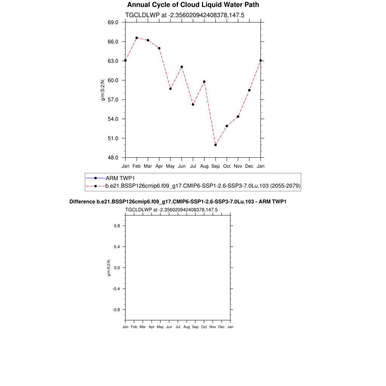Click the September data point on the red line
[x=216, y=145]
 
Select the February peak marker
[x=136, y=38]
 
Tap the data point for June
[x=182, y=67]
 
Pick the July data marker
[x=193, y=104]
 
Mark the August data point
[x=204, y=81]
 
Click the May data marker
[x=170, y=89]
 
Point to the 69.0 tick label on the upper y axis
[x=113, y=23]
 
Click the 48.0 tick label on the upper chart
[x=113, y=158]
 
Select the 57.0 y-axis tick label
[x=113, y=100]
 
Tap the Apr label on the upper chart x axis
[x=159, y=166]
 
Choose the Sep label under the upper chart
[x=216, y=166]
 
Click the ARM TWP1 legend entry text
[x=120, y=178]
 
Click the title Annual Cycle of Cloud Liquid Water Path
[x=193, y=5]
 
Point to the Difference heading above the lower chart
[x=178, y=202]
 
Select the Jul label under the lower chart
[x=178, y=327]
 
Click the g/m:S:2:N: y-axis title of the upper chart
[x=102, y=90]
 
